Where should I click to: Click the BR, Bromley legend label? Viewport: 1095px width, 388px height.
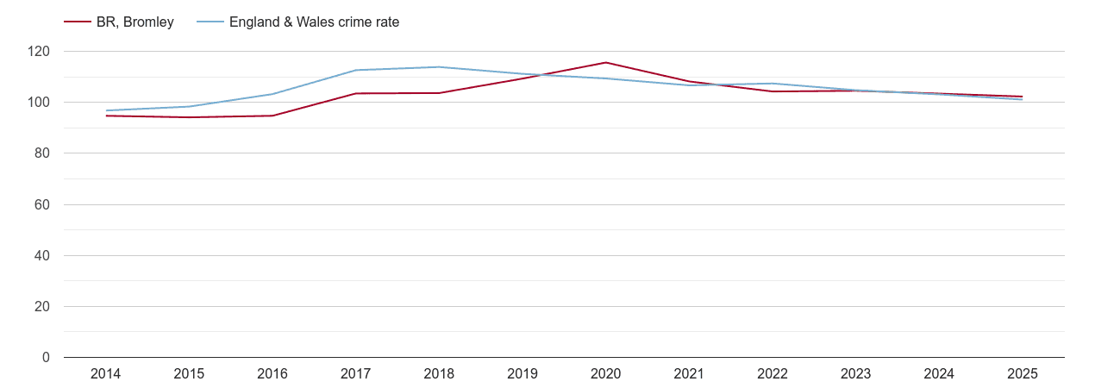pyautogui.click(x=135, y=22)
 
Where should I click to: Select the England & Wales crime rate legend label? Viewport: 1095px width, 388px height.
pyautogui.click(x=314, y=22)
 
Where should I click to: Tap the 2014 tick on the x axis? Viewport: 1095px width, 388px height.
pyautogui.click(x=105, y=374)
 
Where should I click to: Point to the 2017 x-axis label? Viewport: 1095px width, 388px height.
pyautogui.click(x=355, y=374)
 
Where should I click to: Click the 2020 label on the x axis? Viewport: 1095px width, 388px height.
pyautogui.click(x=605, y=374)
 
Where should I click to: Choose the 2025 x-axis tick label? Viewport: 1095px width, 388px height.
pyautogui.click(x=1022, y=374)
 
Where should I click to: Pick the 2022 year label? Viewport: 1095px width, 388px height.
pyautogui.click(x=772, y=374)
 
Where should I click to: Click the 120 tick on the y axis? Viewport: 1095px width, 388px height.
pyautogui.click(x=39, y=52)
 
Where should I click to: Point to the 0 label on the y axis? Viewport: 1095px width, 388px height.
pyautogui.click(x=47, y=358)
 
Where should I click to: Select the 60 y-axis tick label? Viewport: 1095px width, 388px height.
pyautogui.click(x=42, y=205)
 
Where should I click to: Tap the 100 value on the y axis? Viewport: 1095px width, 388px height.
pyautogui.click(x=39, y=103)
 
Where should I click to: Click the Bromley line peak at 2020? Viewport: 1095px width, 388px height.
pyautogui.click(x=605, y=62)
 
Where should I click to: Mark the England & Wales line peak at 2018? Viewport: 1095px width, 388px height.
pyautogui.click(x=439, y=67)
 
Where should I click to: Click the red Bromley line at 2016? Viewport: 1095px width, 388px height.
pyautogui.click(x=272, y=116)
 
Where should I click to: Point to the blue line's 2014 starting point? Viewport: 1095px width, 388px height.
pyautogui.click(x=106, y=110)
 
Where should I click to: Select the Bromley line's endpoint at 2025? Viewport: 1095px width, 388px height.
pyautogui.click(x=1022, y=97)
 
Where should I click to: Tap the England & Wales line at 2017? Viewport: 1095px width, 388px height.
pyautogui.click(x=355, y=70)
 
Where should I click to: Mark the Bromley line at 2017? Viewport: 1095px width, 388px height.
pyautogui.click(x=355, y=93)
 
